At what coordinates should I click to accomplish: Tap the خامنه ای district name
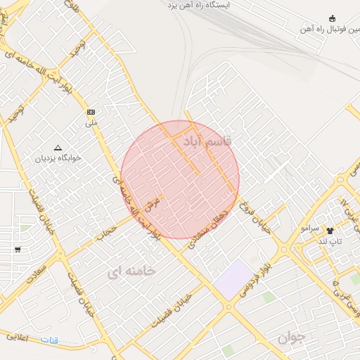tap(133, 270)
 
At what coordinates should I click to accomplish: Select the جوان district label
tap(292, 336)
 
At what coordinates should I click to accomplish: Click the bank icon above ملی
tap(91, 112)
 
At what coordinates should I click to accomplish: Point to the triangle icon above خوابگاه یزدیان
tap(58, 148)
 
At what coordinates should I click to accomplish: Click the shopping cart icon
tap(17, 250)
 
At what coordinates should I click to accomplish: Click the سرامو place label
tap(310, 229)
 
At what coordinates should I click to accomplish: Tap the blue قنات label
tap(49, 340)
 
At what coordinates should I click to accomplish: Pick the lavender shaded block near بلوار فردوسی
tap(233, 279)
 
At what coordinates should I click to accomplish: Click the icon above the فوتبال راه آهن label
tap(333, 19)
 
